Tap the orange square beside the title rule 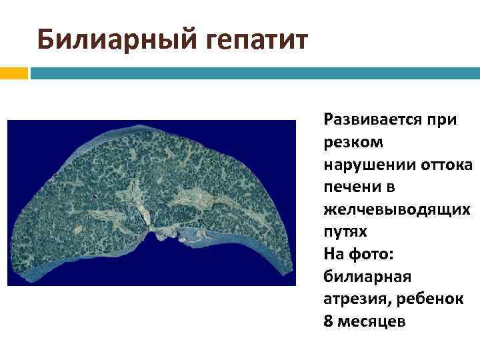13,71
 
